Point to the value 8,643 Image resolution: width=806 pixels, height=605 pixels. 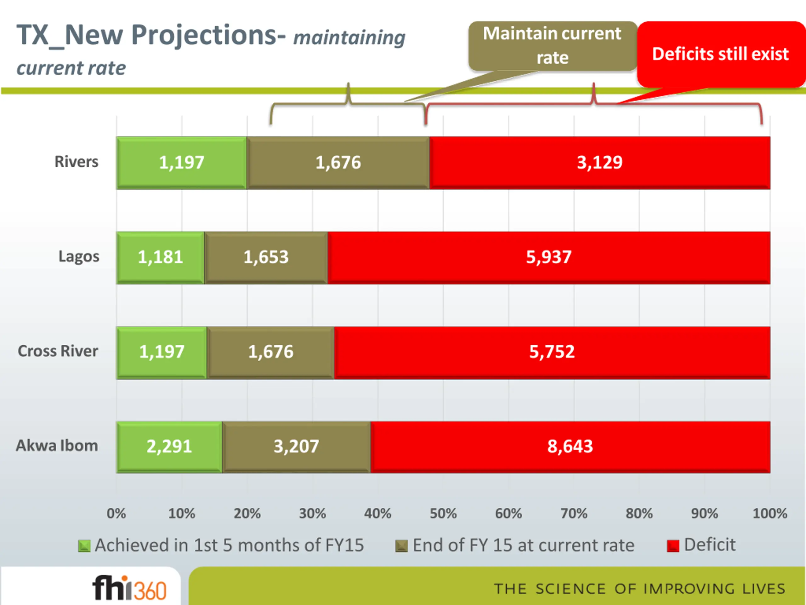pos(570,447)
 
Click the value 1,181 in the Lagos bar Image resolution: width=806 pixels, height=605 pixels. pos(160,257)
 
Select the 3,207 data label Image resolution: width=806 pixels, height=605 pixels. pos(296,447)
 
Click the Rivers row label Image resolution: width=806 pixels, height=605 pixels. pos(77,162)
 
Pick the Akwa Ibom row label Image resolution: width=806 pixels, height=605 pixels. pos(57,446)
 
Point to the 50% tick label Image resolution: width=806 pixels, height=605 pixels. pos(443,514)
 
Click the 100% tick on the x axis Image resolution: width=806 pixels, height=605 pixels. pos(769,514)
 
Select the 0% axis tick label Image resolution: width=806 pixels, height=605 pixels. pos(116,514)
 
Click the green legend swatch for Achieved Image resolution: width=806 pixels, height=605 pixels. pos(84,546)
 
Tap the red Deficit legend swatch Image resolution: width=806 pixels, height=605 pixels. pos(673,546)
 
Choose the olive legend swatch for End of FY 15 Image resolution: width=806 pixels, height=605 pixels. pos(401,546)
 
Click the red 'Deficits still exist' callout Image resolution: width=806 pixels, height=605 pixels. pos(720,54)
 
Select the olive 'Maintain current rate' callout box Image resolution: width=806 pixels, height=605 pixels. pos(552,46)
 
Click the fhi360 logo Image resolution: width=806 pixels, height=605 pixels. pos(130,588)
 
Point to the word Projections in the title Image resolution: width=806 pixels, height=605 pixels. pos(208,35)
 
